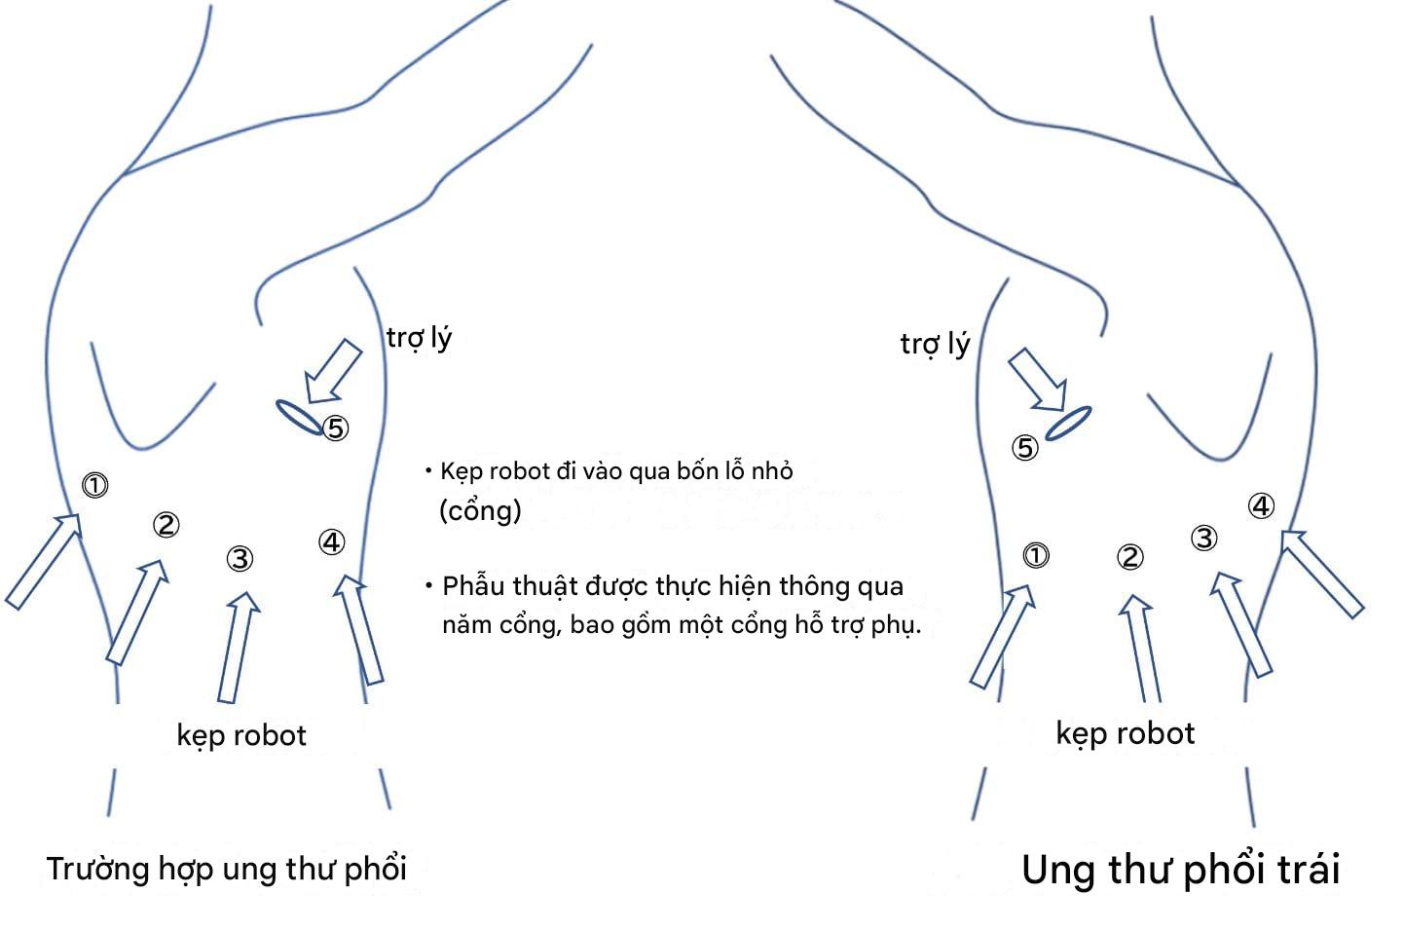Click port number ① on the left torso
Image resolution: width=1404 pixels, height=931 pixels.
click(94, 485)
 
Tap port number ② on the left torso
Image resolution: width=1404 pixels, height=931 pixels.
click(166, 525)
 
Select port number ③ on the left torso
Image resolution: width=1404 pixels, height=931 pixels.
click(240, 558)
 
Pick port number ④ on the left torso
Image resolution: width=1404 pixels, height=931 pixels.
click(331, 542)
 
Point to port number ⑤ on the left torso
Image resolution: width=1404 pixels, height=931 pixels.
click(335, 428)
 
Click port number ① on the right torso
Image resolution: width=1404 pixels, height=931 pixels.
click(1035, 555)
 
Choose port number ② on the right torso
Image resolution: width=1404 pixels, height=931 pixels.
click(1129, 557)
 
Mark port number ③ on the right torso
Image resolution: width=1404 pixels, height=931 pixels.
click(1204, 538)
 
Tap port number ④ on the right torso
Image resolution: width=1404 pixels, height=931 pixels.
click(1261, 506)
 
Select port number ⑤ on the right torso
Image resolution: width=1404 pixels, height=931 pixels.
click(1025, 448)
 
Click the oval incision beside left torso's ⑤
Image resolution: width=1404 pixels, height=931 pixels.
click(299, 417)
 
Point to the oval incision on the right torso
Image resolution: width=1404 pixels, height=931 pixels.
click(1068, 423)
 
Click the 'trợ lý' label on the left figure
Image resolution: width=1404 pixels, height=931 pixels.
click(419, 338)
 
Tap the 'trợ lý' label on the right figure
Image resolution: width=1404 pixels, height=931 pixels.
click(935, 344)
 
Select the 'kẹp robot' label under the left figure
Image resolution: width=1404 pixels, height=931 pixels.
click(241, 735)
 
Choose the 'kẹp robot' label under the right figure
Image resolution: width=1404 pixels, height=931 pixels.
click(1125, 733)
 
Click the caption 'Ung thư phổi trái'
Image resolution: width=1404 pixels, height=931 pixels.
click(1180, 870)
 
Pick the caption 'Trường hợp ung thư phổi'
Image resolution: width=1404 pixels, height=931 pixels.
click(226, 869)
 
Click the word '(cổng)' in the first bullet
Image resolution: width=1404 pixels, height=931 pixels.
click(480, 509)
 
